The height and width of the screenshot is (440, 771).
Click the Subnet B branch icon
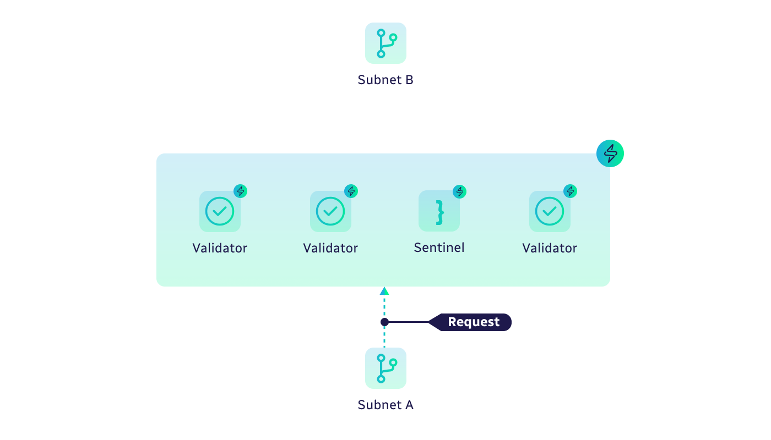click(x=385, y=43)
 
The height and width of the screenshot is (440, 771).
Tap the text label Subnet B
click(x=385, y=80)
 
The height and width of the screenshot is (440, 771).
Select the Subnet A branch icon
click(x=385, y=368)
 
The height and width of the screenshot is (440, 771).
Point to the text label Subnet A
click(x=385, y=405)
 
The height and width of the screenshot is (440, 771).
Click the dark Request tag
click(x=472, y=322)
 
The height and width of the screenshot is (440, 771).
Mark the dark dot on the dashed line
click(x=384, y=322)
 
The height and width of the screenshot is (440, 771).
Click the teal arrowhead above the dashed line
click(x=384, y=291)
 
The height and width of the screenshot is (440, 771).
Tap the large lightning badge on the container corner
click(x=610, y=153)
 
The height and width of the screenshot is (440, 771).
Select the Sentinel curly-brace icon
click(x=439, y=211)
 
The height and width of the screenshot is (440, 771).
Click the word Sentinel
click(x=439, y=248)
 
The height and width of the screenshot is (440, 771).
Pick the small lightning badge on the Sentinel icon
click(x=459, y=191)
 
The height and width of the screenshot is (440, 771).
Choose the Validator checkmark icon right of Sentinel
click(x=550, y=211)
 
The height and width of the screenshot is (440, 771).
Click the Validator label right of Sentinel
click(x=550, y=249)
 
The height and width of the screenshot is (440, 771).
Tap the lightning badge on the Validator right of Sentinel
click(x=571, y=191)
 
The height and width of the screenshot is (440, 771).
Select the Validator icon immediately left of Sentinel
click(x=330, y=211)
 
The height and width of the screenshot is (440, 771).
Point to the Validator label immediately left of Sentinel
click(x=330, y=249)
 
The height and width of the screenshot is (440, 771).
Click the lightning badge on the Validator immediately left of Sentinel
click(x=351, y=191)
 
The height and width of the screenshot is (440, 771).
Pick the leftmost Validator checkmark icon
click(x=220, y=211)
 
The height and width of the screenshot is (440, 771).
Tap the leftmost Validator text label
click(x=220, y=249)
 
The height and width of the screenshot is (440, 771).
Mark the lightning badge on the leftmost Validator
click(x=240, y=191)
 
